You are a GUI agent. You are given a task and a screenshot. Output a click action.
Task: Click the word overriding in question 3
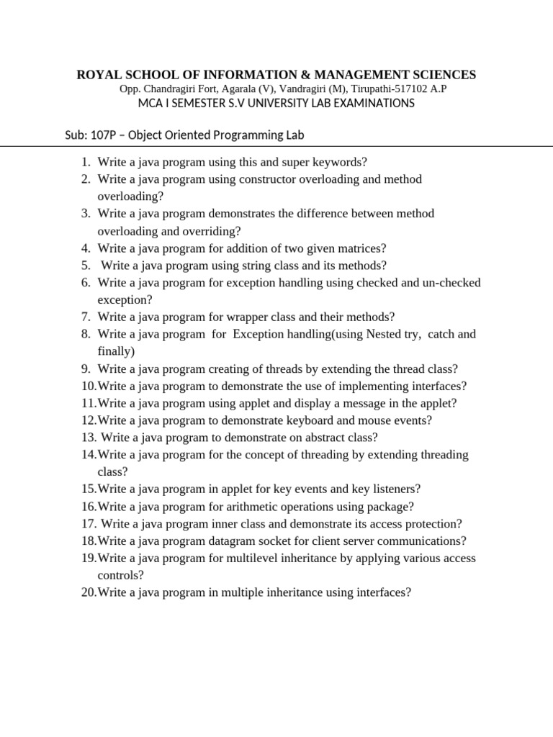[x=210, y=231]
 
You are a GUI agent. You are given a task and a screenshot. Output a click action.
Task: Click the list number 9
[x=84, y=368]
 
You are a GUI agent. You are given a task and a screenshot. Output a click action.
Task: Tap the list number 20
[x=88, y=592]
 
